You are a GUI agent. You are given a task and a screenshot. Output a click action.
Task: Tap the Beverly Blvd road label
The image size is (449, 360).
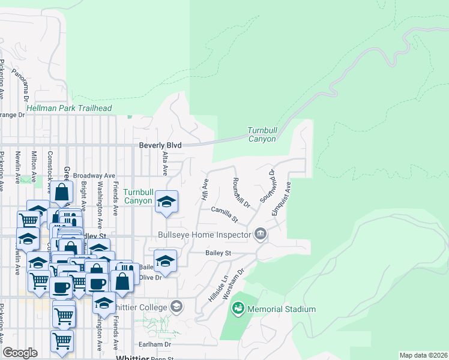click(x=160, y=145)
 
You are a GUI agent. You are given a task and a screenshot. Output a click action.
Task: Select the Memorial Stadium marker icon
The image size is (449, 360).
click(x=238, y=309)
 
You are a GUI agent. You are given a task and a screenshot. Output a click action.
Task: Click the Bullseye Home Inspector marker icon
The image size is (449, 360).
click(x=261, y=233)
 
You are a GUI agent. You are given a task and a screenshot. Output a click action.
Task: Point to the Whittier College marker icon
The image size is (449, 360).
click(x=176, y=307)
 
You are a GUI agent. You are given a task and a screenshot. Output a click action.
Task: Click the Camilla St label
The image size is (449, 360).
click(x=225, y=214)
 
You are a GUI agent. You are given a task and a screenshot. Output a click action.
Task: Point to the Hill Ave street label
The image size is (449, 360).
click(x=205, y=189)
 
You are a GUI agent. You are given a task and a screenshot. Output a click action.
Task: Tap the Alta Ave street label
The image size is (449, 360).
click(x=164, y=163)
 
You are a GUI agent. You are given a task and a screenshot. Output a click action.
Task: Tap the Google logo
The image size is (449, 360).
click(x=20, y=353)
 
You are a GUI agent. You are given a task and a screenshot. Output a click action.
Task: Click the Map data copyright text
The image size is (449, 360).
click(x=423, y=355)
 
